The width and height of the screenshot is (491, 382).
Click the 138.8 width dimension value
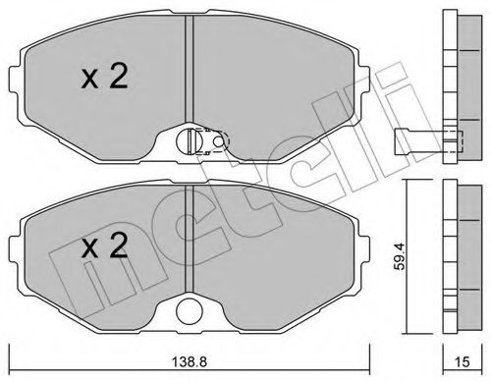190,361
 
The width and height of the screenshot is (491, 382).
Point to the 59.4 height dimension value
400,256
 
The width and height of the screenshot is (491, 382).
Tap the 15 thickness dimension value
463,361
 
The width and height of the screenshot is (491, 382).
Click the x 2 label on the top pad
104,77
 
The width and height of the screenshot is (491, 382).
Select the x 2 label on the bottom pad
104,246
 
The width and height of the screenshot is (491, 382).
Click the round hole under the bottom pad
190,311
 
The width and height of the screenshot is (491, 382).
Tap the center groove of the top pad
190,69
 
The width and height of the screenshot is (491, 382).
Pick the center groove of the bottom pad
190,239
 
